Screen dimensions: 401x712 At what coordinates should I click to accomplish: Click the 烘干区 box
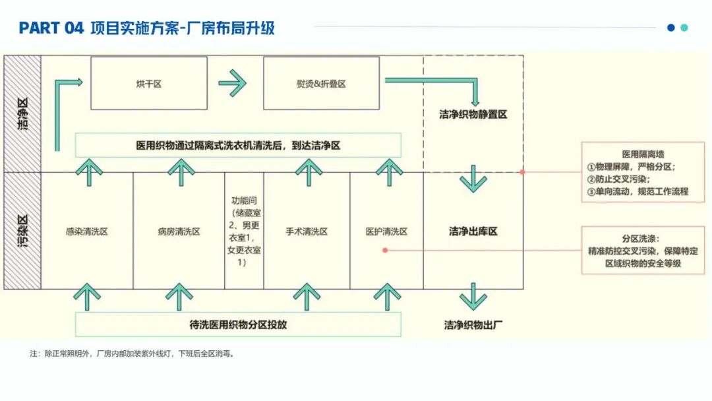(148, 83)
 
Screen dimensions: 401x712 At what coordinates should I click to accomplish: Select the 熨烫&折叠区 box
(321, 83)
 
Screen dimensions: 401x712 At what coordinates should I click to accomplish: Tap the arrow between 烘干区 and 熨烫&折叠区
(232, 83)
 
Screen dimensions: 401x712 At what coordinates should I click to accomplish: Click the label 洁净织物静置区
(473, 114)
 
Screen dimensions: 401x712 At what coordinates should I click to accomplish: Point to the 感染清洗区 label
(86, 231)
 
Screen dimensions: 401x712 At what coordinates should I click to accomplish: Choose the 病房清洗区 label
(179, 231)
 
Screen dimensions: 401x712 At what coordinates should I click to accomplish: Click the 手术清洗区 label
(307, 231)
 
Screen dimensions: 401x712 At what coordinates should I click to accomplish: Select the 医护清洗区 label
(386, 231)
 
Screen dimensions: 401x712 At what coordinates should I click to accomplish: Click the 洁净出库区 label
(473, 231)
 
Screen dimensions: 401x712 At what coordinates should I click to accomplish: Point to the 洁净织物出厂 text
(473, 324)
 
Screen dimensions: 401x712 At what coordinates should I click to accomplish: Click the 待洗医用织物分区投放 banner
(238, 324)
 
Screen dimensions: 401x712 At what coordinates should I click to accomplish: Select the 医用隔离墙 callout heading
(643, 154)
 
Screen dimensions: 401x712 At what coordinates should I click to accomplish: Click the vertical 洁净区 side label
(22, 113)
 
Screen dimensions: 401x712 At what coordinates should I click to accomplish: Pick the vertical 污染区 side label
(22, 231)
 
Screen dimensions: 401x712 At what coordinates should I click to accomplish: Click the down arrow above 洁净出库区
(473, 178)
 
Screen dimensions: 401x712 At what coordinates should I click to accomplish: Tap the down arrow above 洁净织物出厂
(473, 296)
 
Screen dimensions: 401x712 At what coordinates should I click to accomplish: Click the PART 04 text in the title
(51, 28)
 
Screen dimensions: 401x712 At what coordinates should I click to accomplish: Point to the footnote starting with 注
(132, 354)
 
